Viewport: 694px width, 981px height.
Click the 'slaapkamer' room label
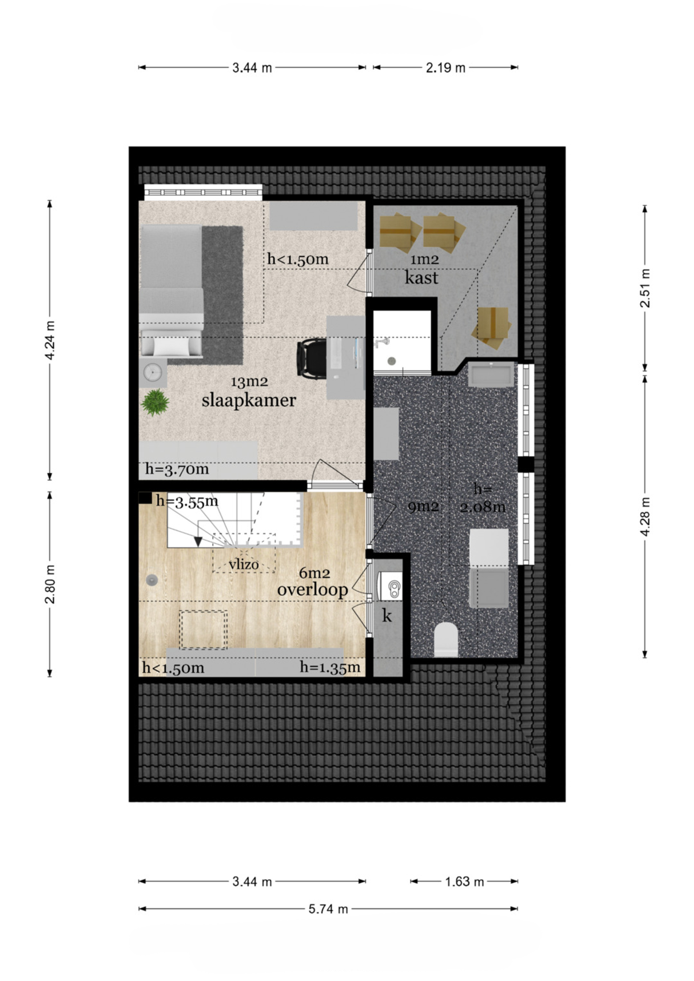click(x=249, y=400)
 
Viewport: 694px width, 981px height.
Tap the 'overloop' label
click(x=312, y=589)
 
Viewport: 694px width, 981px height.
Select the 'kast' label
click(x=421, y=278)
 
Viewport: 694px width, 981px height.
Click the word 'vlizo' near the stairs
click(x=244, y=564)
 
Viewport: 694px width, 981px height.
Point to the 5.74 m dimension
click(x=328, y=909)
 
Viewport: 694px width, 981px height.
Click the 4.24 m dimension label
click(x=50, y=340)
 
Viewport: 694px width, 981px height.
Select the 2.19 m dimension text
click(x=445, y=68)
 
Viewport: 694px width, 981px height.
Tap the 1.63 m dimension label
click(x=464, y=882)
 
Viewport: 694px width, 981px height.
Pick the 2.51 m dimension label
click(x=645, y=288)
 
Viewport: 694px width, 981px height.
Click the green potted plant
click(x=155, y=402)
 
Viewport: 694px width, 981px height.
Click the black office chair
click(x=311, y=358)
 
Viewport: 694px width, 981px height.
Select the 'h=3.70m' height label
click(x=177, y=469)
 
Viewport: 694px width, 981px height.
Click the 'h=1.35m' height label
click(x=330, y=667)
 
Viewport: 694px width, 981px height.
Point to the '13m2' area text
click(x=249, y=382)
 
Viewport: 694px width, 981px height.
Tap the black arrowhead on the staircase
click(x=198, y=542)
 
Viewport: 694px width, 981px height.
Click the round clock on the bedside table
click(x=153, y=372)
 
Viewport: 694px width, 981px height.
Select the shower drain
click(x=392, y=360)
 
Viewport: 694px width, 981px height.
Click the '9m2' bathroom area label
click(x=423, y=507)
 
